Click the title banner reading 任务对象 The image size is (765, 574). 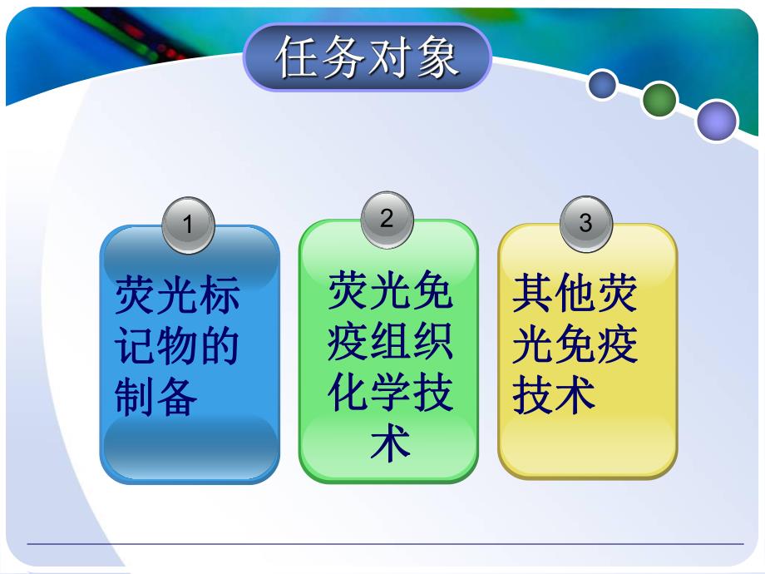367,57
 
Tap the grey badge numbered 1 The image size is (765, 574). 188,225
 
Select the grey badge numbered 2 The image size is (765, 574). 387,219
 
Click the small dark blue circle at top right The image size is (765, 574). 602,84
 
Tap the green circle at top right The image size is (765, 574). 660,100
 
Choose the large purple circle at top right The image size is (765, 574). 717,121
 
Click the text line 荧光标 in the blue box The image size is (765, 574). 177,297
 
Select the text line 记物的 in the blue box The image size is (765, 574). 177,346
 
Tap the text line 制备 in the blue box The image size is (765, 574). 156,396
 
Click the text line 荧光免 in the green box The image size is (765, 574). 389,291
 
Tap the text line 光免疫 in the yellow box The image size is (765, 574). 575,344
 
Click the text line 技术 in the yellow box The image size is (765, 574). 554,393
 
